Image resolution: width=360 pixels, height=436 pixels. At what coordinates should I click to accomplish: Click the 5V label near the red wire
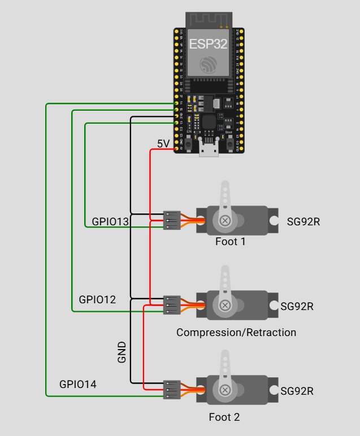pos(163,144)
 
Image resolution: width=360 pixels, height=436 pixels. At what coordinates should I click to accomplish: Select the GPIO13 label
pos(111,222)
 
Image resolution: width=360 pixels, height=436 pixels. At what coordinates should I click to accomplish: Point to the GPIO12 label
pos(97,300)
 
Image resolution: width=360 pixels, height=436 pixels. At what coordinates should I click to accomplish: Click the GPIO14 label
pos(78,385)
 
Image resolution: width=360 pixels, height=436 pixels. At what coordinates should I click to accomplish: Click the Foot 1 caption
pos(231,242)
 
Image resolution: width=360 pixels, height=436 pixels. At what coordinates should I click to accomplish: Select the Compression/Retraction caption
pos(236,333)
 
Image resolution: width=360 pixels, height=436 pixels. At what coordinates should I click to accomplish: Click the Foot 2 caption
pos(224,417)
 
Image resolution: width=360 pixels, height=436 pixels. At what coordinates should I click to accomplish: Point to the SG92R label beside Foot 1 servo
pos(303,221)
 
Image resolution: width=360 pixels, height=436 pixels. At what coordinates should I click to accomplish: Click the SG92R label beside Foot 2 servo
pos(297,391)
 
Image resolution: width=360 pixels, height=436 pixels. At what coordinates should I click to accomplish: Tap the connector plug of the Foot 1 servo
pos(171,220)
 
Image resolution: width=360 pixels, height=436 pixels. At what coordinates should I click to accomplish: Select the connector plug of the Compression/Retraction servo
pos(171,305)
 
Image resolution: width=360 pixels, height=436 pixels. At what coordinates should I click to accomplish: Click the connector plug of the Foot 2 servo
pos(171,390)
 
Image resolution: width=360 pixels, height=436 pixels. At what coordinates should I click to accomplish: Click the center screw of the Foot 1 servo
pos(225,220)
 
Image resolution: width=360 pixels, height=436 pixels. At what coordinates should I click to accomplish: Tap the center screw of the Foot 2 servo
pos(225,390)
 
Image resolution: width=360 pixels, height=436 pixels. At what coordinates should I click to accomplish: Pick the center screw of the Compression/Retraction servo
pos(225,305)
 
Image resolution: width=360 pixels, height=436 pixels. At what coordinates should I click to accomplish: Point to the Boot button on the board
pos(230,145)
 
